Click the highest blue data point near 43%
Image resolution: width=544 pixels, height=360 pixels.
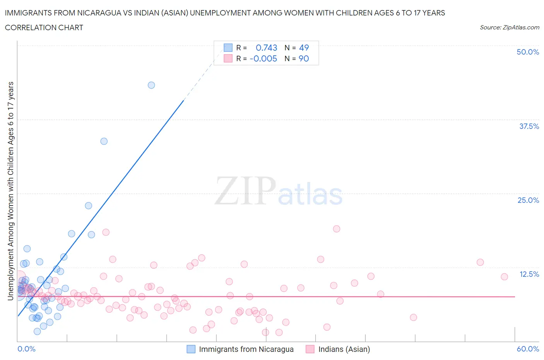click(x=151, y=85)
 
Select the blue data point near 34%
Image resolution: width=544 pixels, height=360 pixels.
click(x=104, y=141)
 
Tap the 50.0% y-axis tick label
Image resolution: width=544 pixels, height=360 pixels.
click(x=528, y=52)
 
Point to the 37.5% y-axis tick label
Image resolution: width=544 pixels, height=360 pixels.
click(x=529, y=126)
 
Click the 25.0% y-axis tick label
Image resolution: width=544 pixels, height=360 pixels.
click(x=528, y=200)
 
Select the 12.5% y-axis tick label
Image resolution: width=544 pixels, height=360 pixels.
click(x=529, y=274)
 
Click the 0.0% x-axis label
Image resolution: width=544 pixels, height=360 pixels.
click(x=27, y=349)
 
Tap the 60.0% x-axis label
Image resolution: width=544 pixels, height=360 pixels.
click(x=528, y=349)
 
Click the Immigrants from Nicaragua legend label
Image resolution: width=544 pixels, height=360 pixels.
click(x=246, y=349)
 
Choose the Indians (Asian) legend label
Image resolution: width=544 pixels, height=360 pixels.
click(x=344, y=349)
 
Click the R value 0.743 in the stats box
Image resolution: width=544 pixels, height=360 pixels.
click(x=267, y=48)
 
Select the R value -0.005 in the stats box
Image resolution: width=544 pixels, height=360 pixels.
click(x=263, y=58)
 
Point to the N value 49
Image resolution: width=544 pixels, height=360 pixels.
click(x=304, y=48)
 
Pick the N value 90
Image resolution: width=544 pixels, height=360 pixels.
click(x=304, y=58)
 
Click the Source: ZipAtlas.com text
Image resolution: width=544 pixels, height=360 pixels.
click(x=509, y=27)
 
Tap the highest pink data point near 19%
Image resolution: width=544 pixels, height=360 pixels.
click(x=337, y=229)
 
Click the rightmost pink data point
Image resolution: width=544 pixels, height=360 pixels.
click(x=504, y=277)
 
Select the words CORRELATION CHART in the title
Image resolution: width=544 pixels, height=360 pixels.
click(x=44, y=27)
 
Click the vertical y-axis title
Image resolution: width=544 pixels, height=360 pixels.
click(x=10, y=191)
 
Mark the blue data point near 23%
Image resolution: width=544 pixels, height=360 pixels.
click(x=89, y=206)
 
